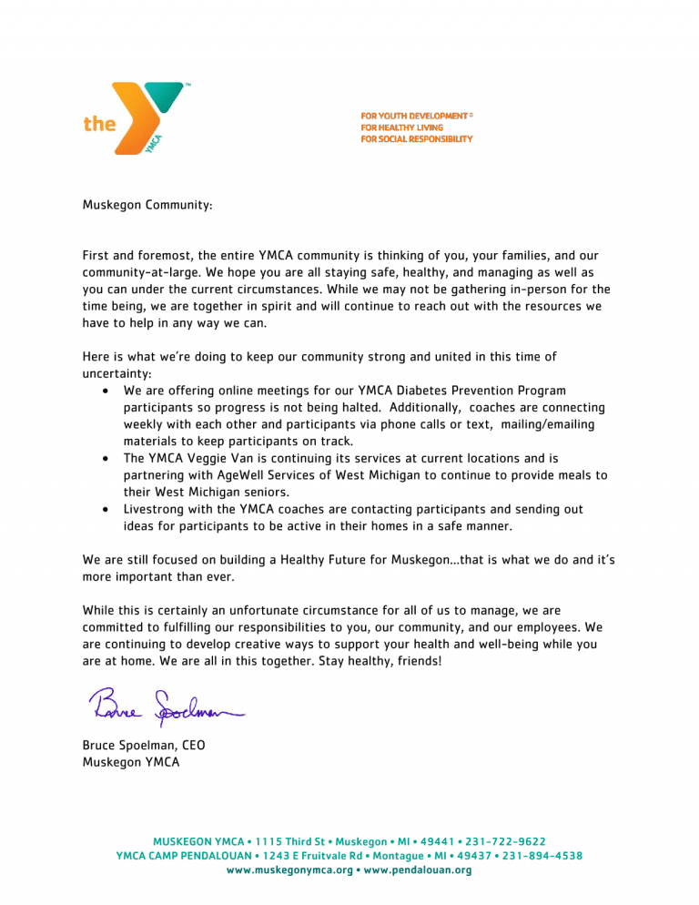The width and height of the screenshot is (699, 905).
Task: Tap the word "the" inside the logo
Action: (x=99, y=125)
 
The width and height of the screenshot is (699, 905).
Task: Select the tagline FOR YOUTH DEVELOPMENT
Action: (x=414, y=117)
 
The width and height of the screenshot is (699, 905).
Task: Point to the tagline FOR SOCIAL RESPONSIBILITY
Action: (x=416, y=139)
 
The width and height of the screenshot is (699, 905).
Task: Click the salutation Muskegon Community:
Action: (x=147, y=207)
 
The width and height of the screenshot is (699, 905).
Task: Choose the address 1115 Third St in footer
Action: (x=283, y=842)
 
